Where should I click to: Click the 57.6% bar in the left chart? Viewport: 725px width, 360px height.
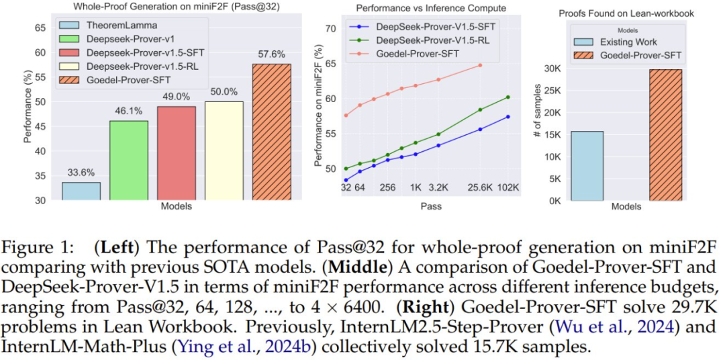click(x=271, y=132)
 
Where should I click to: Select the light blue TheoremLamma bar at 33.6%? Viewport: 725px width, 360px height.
click(x=81, y=191)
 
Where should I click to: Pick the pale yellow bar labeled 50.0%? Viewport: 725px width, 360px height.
click(x=224, y=151)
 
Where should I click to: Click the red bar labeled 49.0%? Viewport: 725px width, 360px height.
click(x=177, y=153)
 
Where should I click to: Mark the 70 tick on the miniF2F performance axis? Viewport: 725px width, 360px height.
click(x=330, y=28)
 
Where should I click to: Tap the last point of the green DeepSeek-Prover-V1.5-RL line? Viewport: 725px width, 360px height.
click(x=508, y=97)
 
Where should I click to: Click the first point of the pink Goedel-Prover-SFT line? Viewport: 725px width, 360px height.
click(x=346, y=115)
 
